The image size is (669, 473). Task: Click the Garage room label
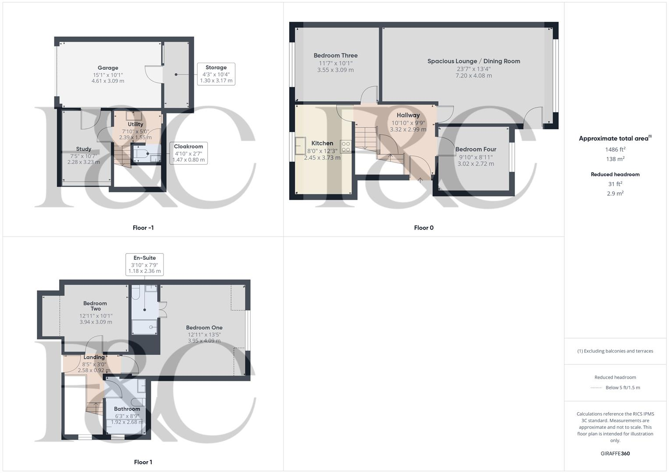(108, 68)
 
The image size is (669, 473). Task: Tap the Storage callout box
(216, 74)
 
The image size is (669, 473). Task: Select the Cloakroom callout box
(188, 153)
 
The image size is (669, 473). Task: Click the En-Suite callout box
(145, 264)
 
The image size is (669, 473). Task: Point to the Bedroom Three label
(336, 56)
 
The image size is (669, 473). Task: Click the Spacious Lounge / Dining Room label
(474, 61)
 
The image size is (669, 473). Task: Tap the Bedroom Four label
(476, 149)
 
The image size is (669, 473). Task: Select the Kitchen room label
(322, 143)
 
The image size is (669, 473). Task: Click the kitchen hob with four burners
(346, 146)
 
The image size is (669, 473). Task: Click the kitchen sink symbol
(301, 144)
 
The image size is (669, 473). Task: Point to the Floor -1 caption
(143, 228)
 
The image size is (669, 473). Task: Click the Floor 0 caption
(424, 228)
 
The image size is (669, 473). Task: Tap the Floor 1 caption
(143, 462)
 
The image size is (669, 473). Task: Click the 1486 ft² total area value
(615, 149)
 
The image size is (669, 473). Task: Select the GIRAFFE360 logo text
(615, 454)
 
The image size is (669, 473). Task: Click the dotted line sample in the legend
(596, 388)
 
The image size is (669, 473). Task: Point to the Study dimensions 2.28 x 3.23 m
(84, 162)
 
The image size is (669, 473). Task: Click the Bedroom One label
(204, 328)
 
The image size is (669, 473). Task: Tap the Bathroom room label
(127, 409)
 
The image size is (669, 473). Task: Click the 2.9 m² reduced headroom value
(615, 193)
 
